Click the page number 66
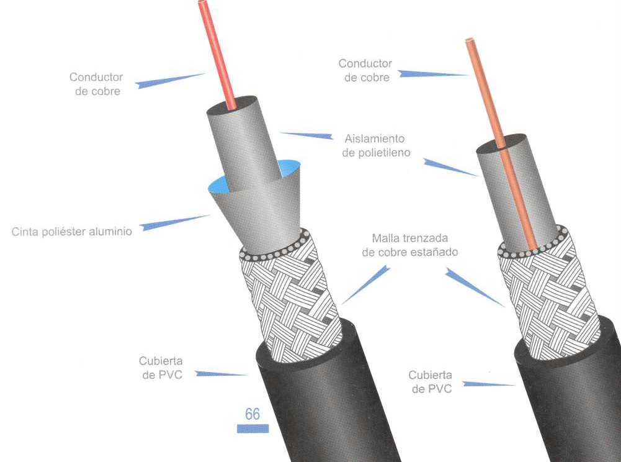click(x=252, y=414)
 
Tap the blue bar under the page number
click(x=252, y=428)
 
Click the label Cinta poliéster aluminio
click(x=72, y=232)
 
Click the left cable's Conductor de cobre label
click(x=96, y=84)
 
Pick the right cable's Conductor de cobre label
click(x=365, y=70)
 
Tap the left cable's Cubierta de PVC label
click(x=161, y=368)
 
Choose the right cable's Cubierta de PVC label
click(x=430, y=382)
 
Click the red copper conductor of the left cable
click(x=220, y=56)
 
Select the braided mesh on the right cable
click(x=549, y=292)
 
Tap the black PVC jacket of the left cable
click(x=323, y=404)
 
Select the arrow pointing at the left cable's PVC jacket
click(x=221, y=374)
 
